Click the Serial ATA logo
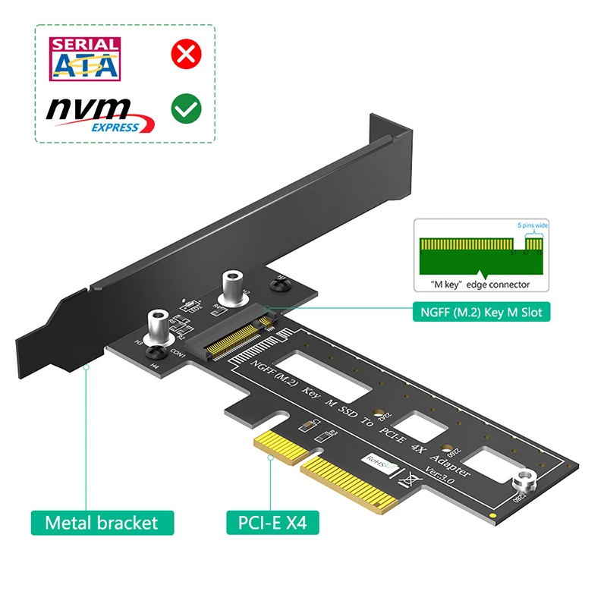pyautogui.click(x=84, y=58)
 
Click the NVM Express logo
pyautogui.click(x=99, y=114)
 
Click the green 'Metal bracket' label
pyautogui.click(x=102, y=522)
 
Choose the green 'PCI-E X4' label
pyautogui.click(x=272, y=522)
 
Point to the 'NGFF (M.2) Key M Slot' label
pyautogui.click(x=482, y=311)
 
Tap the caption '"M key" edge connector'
pyautogui.click(x=476, y=285)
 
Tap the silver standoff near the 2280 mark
pyautogui.click(x=524, y=480)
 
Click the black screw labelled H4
pyautogui.click(x=157, y=353)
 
